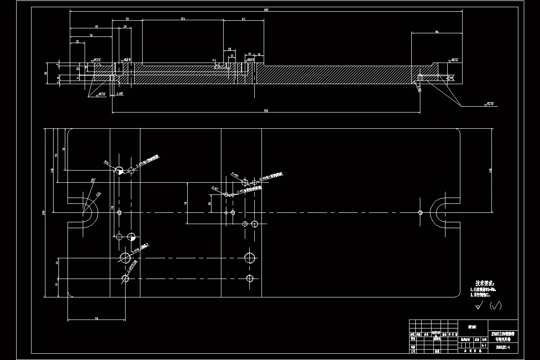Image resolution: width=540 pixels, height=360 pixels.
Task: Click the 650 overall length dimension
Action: (266, 9)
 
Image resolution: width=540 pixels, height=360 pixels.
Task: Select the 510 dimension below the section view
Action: (266, 110)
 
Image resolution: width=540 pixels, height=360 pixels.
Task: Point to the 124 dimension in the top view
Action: (182, 19)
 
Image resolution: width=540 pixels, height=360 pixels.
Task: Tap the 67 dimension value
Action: (243, 19)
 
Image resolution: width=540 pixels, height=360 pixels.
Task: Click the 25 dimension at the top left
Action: (77, 41)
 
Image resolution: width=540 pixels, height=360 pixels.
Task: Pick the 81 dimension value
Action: (97, 27)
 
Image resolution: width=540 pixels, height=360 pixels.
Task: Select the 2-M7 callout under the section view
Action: (120, 94)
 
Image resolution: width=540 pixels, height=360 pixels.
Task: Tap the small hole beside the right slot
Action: (420, 212)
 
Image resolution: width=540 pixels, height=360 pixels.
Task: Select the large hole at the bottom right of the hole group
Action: (250, 258)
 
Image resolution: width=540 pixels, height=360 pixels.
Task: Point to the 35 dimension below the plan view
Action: (96, 318)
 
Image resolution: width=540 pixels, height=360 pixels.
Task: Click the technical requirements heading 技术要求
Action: (485, 283)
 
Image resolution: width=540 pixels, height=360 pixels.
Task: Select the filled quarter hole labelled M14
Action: (119, 171)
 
